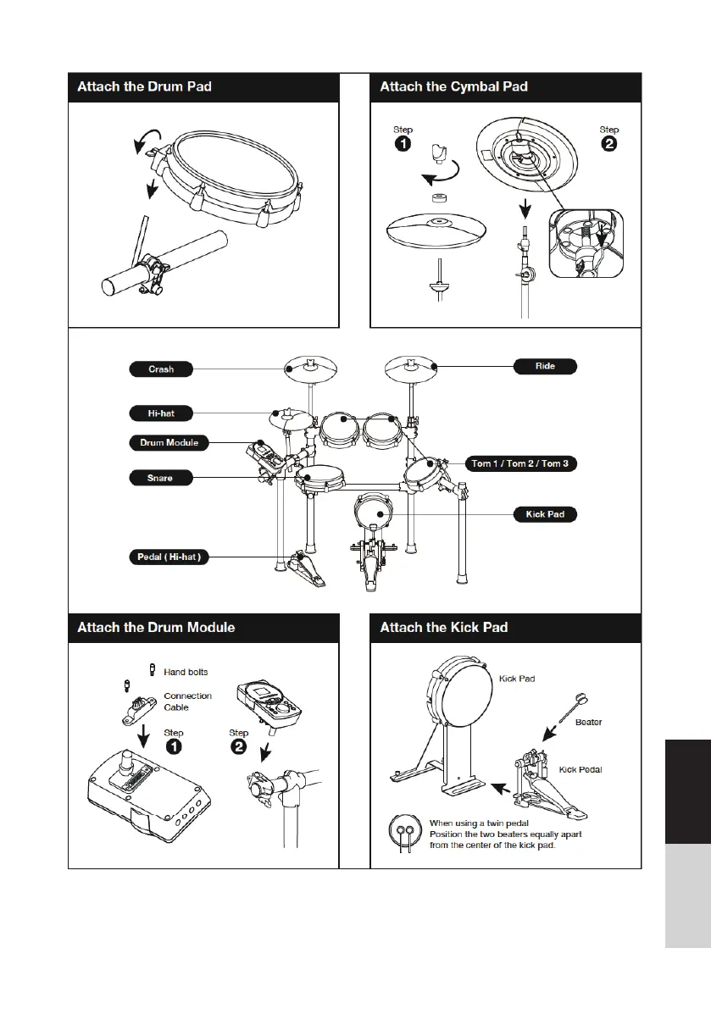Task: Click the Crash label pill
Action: click(x=161, y=369)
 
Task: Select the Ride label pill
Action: click(x=546, y=367)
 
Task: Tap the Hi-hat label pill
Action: click(x=161, y=413)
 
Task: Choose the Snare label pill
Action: click(x=161, y=478)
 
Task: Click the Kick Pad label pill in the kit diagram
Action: click(x=546, y=514)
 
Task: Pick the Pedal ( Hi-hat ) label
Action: click(x=169, y=557)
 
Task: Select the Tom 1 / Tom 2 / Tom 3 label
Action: click(x=521, y=464)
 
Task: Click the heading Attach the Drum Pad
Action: click(x=144, y=86)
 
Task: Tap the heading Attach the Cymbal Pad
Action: click(x=454, y=86)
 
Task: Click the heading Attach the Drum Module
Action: click(x=156, y=628)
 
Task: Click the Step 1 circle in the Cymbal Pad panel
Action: click(x=403, y=145)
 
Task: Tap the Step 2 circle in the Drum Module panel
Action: click(x=239, y=747)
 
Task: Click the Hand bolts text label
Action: click(x=186, y=672)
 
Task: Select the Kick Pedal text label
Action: click(x=580, y=770)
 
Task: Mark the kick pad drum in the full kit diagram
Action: click(x=375, y=514)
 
